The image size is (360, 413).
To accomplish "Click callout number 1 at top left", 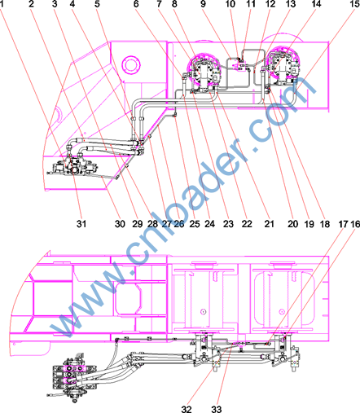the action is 2,4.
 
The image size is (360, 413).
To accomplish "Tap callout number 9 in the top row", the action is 203,4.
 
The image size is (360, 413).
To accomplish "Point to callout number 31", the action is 81,224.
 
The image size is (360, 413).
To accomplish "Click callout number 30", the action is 120,224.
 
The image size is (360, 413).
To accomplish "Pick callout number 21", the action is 269,224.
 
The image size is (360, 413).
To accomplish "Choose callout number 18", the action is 324,224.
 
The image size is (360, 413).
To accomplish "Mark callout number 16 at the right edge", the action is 355,224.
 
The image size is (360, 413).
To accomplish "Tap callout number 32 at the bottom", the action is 187,409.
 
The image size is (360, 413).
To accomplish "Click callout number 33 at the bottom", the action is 217,409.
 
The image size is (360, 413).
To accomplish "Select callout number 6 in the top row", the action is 136,4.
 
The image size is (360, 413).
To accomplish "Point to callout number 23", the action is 228,224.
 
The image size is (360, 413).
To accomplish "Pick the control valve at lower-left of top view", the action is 73,166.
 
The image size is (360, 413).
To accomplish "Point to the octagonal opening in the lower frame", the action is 129,299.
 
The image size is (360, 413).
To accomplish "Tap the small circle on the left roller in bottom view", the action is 203,311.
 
